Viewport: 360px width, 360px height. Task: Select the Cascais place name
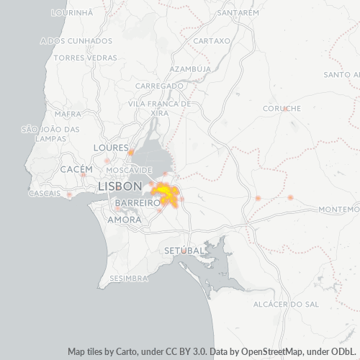point(44,194)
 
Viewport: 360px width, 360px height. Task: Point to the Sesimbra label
point(128,277)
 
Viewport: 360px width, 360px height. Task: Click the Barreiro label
point(136,204)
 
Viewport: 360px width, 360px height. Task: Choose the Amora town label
point(119,220)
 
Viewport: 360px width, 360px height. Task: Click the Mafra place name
point(68,114)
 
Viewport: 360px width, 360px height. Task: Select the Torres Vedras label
point(85,57)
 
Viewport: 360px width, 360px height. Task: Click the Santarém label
point(238,13)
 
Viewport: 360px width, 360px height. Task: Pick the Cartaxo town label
point(212,41)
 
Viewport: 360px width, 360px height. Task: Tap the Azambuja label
point(190,69)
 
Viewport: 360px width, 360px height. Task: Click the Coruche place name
point(282,109)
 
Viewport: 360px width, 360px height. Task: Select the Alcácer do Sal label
point(287,305)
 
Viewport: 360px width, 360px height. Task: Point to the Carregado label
point(159,86)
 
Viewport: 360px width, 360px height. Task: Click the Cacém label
point(76,168)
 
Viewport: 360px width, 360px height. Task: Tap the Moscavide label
point(125,170)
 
